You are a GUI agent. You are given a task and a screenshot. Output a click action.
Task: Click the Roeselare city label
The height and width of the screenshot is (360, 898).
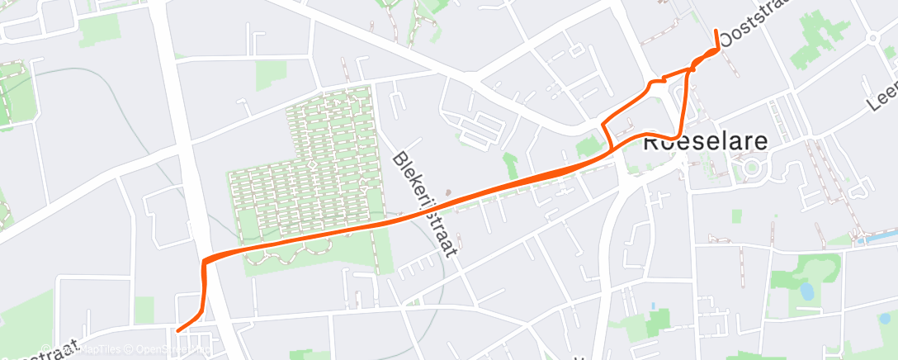coord(705,141)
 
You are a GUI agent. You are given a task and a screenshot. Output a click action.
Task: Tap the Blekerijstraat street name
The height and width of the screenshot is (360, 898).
coord(424,204)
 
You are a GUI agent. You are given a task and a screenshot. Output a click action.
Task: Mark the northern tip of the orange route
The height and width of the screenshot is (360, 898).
coord(715,31)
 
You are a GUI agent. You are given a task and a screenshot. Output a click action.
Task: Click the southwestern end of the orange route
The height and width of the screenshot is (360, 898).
coord(178,331)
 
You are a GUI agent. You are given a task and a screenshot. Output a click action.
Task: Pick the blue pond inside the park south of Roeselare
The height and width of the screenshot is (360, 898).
coord(805,290)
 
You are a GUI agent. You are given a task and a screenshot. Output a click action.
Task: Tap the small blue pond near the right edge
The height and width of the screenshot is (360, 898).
coord(884,318)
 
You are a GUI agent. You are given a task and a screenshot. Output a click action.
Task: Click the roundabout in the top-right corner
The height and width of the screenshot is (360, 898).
coord(874,37)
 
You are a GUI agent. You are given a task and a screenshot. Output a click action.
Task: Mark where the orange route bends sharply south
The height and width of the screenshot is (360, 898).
coord(204,262)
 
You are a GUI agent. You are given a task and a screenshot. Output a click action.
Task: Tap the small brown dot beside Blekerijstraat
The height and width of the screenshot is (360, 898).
coord(448,195)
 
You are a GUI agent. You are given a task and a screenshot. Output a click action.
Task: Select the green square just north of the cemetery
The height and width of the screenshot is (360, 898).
coord(271,75)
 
